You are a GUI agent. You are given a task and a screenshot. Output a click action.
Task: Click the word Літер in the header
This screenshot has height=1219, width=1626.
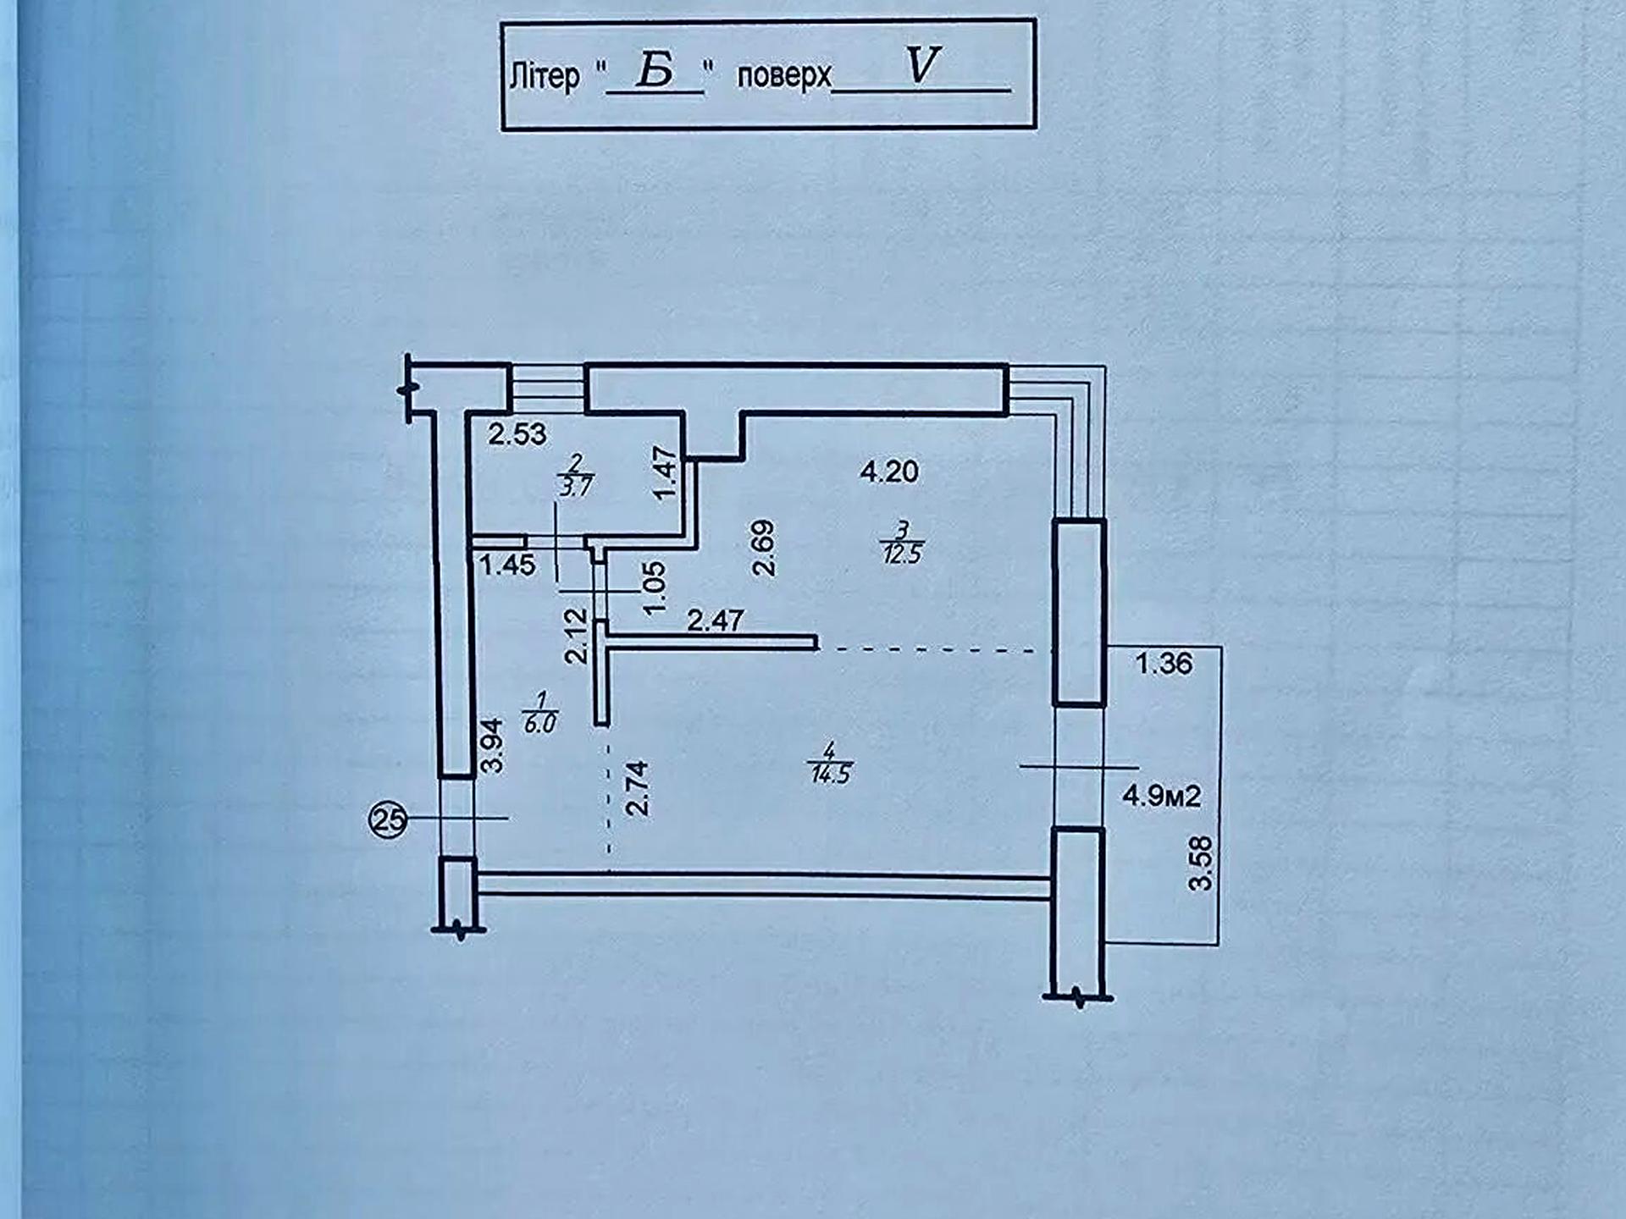click(545, 76)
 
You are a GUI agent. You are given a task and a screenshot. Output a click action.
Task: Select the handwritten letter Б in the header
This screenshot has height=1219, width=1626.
click(655, 69)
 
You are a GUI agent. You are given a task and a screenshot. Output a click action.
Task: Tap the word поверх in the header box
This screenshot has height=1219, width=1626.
click(784, 76)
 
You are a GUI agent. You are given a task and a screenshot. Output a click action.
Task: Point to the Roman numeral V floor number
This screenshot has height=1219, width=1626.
click(922, 64)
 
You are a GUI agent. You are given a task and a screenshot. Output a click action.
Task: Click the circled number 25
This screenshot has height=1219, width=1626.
click(389, 819)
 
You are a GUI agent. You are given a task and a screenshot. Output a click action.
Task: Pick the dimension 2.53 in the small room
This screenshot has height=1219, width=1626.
click(517, 434)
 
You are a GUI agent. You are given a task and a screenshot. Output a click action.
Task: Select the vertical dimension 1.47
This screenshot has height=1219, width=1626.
click(666, 473)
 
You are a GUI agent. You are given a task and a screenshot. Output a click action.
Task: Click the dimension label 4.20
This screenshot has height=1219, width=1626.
click(889, 472)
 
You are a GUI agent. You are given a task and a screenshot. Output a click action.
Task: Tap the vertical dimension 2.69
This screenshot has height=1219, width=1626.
click(763, 549)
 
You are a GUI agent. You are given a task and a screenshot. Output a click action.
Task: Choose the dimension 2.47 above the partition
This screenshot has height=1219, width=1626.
click(716, 621)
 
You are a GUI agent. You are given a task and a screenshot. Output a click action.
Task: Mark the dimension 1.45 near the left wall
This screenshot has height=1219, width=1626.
click(507, 565)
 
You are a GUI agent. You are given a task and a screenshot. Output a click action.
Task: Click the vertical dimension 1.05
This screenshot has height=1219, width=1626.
click(655, 587)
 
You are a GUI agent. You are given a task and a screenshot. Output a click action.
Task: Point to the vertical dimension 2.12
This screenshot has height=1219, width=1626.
click(576, 637)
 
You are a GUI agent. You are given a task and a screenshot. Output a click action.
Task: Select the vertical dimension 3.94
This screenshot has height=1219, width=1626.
click(491, 746)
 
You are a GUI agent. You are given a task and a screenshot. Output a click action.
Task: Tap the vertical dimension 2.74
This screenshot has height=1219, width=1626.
click(637, 788)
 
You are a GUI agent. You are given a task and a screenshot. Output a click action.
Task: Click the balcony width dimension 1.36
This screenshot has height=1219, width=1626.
click(1164, 663)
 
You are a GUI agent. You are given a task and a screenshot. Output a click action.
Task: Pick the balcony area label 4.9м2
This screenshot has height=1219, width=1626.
click(1162, 796)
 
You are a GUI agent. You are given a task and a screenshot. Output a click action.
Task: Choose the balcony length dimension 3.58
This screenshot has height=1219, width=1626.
click(1201, 863)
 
